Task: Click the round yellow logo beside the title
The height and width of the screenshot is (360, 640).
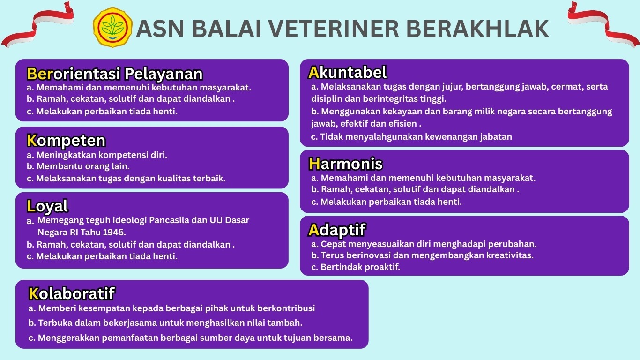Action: (x=112, y=27)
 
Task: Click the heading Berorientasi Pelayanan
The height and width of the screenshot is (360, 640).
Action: (x=115, y=74)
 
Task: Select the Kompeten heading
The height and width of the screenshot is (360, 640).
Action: (x=66, y=140)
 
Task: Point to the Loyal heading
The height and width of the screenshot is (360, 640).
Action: (x=48, y=206)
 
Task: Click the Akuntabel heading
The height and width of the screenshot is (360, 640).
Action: (x=348, y=72)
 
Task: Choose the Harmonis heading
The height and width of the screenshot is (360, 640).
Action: (x=346, y=164)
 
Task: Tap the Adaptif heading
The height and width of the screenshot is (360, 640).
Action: (x=337, y=230)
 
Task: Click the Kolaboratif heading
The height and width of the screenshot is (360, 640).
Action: (x=72, y=293)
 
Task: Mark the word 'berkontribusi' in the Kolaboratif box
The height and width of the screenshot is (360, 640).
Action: (x=286, y=308)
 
